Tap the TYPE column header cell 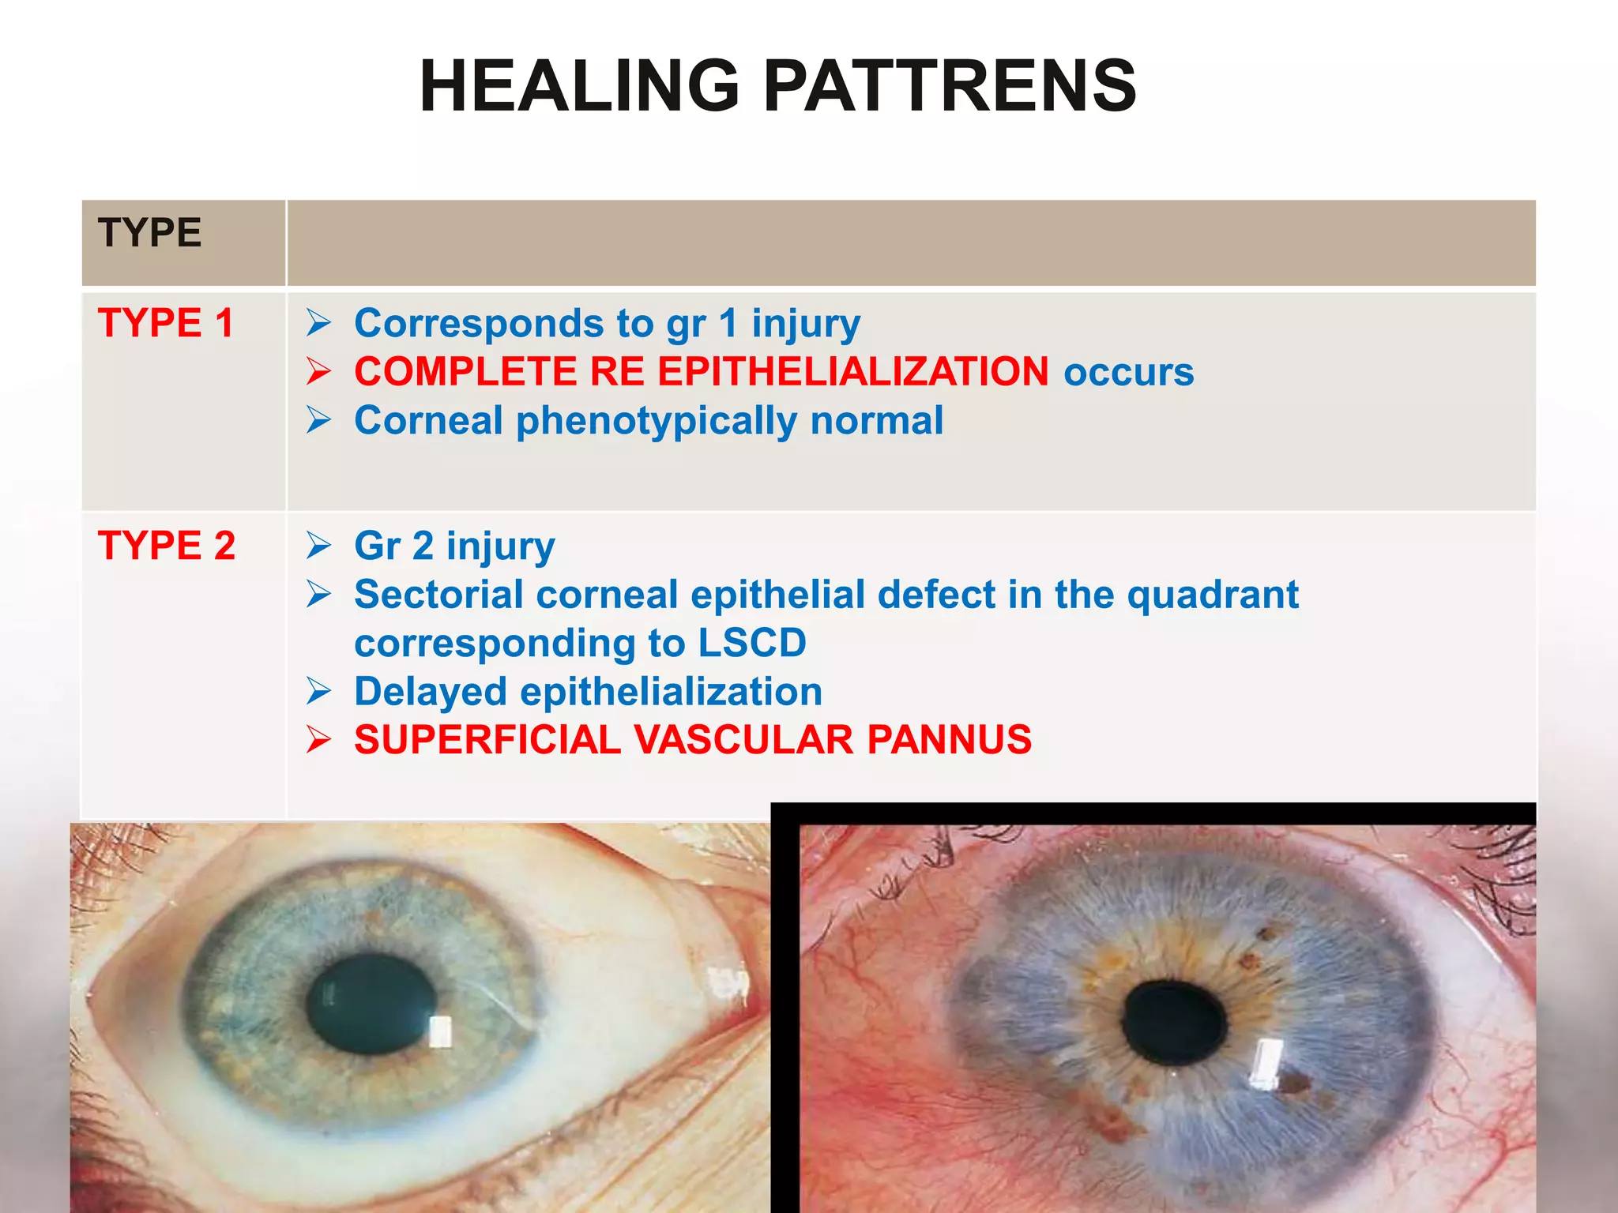(150, 234)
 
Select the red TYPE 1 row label (166, 323)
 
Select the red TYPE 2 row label (166, 546)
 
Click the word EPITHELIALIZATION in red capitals (853, 372)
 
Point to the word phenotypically (656, 421)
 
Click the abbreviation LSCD (751, 643)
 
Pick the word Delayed (431, 692)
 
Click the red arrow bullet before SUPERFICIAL (318, 740)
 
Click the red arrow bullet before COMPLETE (318, 372)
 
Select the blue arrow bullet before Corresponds (318, 323)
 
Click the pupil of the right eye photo (1176, 1023)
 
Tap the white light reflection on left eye (440, 1031)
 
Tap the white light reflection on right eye (1267, 1062)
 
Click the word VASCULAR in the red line (743, 740)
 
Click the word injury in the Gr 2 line (501, 546)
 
